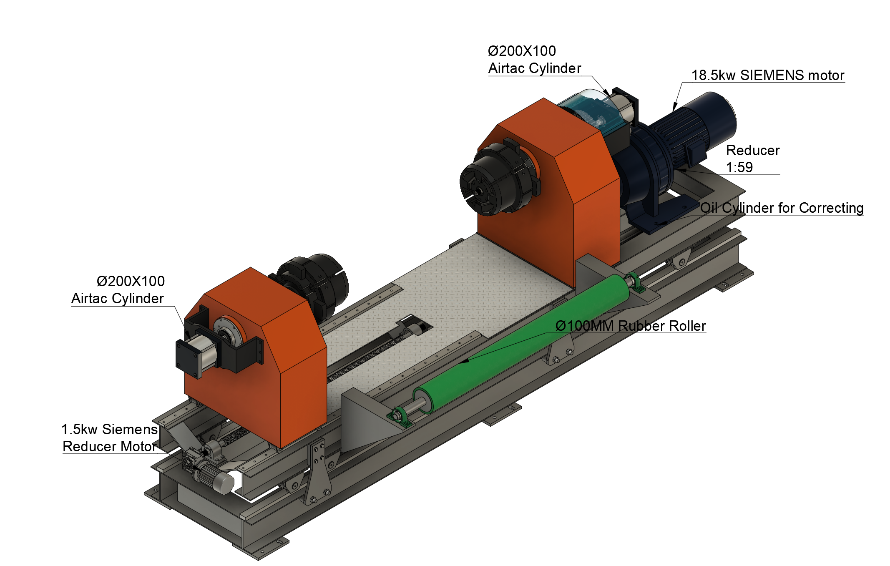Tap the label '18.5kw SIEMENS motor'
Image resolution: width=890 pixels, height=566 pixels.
pyautogui.click(x=768, y=75)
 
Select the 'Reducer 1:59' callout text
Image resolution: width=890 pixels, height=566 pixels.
pyautogui.click(x=753, y=158)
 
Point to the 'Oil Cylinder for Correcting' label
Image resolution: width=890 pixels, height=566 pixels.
pyautogui.click(x=782, y=208)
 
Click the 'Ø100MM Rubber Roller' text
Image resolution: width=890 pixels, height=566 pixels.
pyautogui.click(x=631, y=326)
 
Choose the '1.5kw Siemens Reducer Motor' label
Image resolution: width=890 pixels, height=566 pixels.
pyautogui.click(x=110, y=438)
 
